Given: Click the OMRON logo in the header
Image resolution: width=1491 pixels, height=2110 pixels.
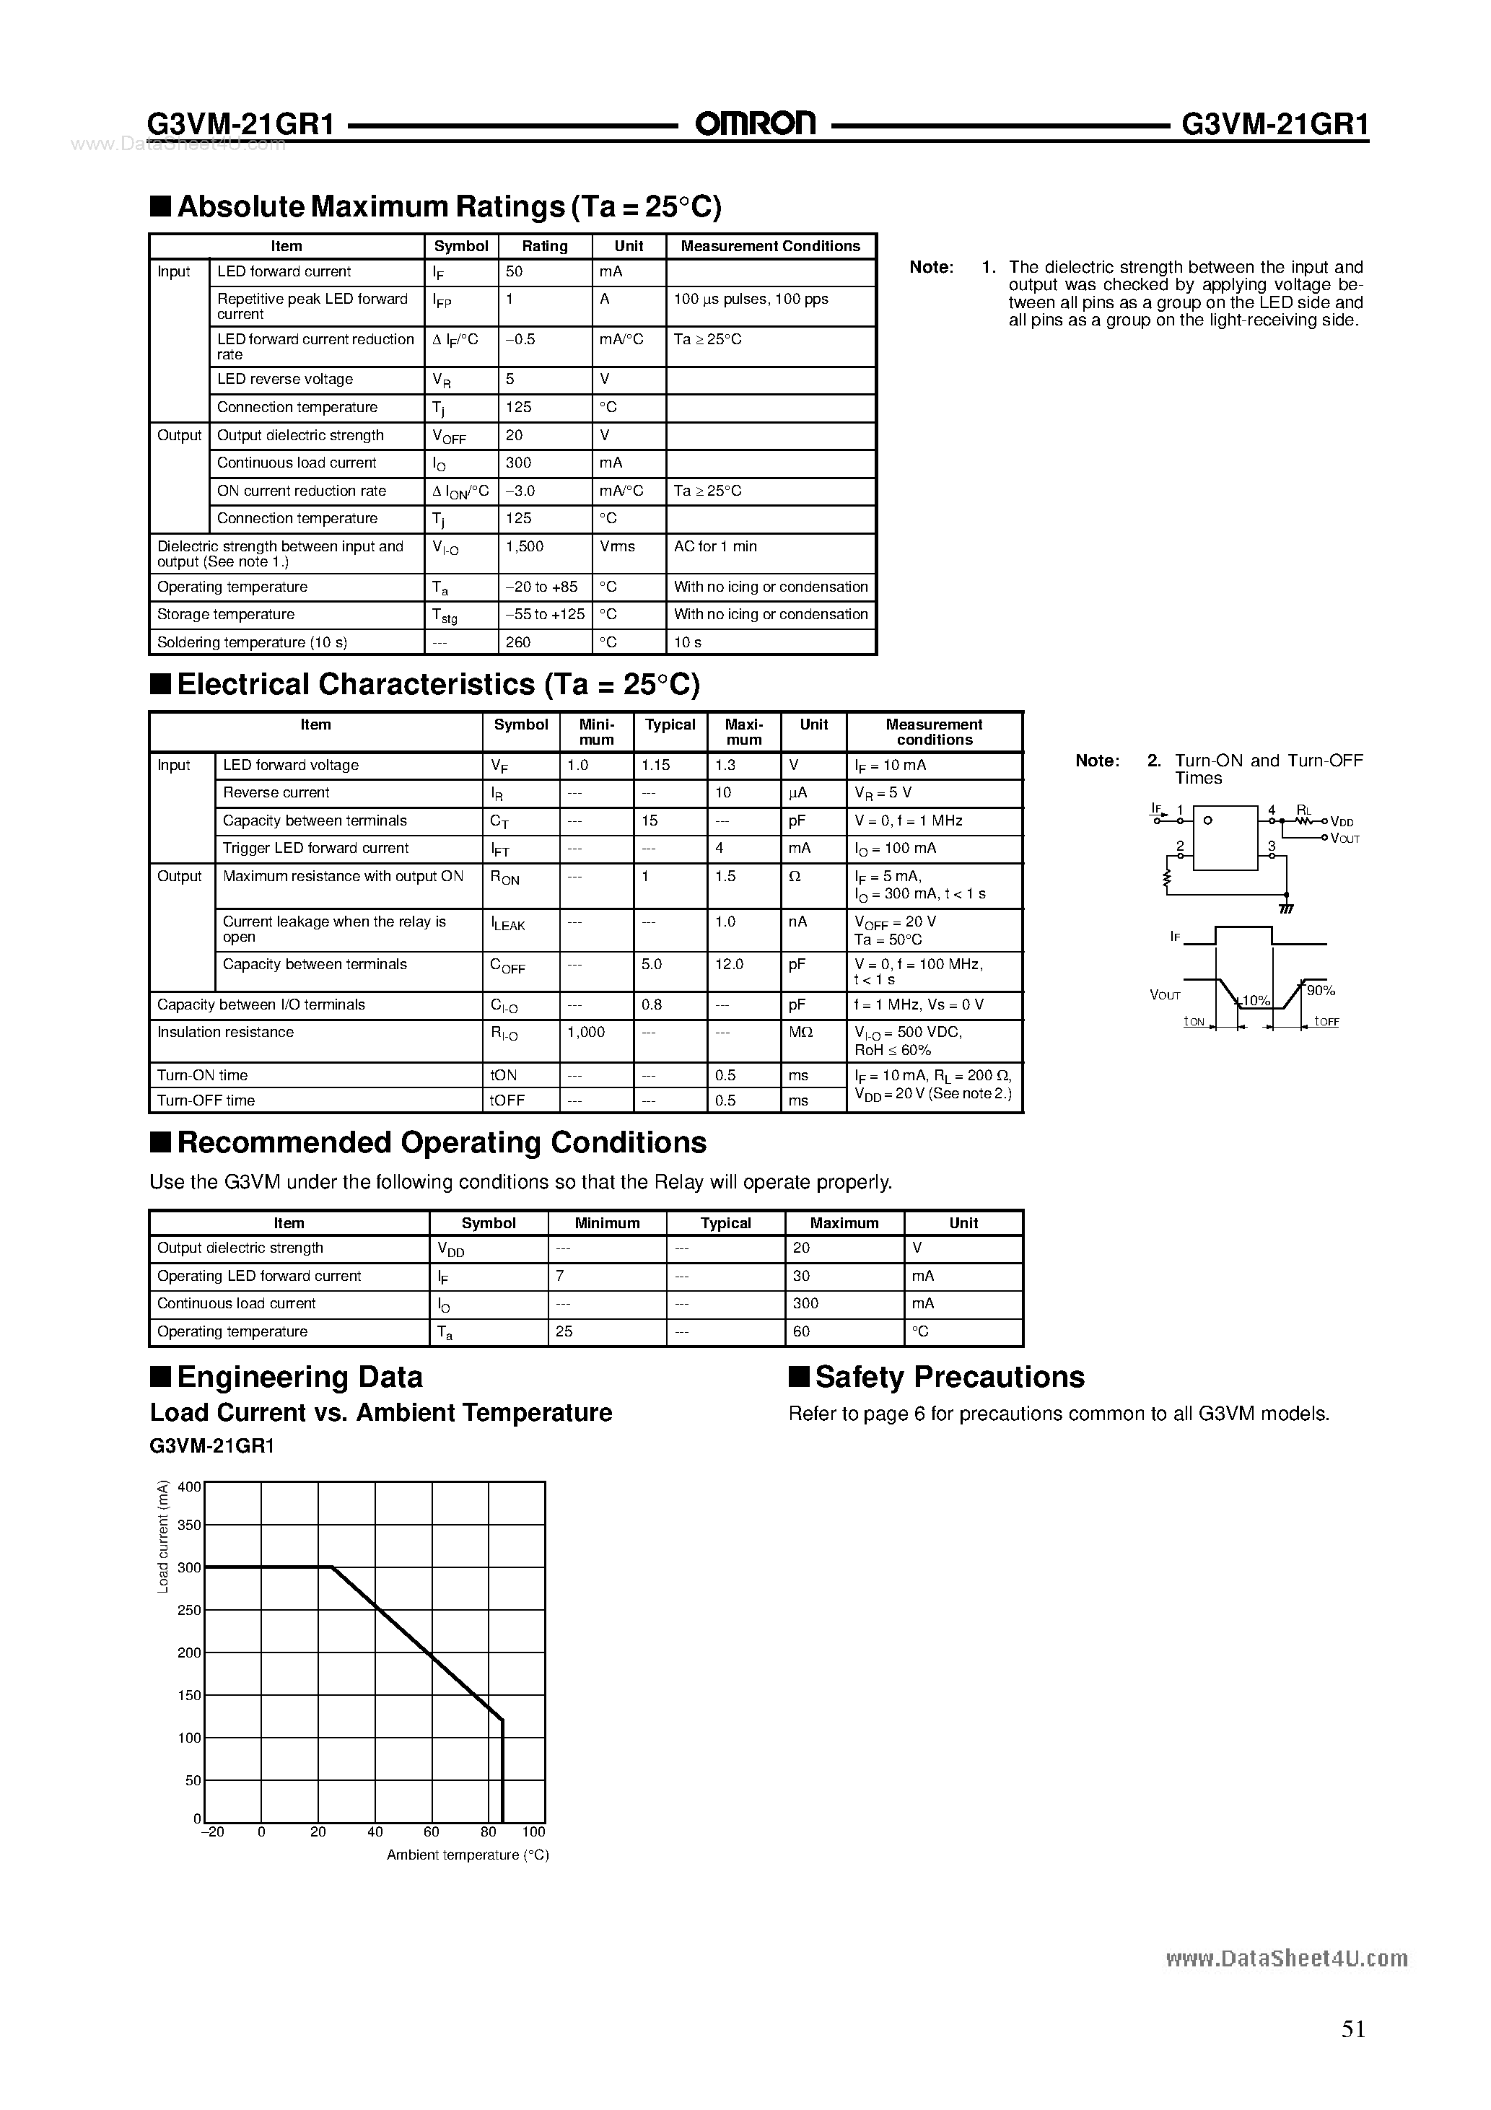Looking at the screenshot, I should [x=755, y=123].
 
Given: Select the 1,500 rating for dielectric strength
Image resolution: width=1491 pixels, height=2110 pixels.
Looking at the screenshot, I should [x=525, y=547].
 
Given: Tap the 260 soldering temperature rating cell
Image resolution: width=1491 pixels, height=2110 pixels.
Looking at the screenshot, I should [x=517, y=642].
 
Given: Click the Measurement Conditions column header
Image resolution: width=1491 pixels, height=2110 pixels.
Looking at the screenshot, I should [x=770, y=246].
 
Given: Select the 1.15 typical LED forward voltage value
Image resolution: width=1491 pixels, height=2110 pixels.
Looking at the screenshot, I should [x=656, y=766].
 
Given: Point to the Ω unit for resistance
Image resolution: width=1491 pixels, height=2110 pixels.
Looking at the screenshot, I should [x=795, y=877].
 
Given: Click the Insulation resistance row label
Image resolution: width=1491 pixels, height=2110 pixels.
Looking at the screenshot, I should [x=225, y=1033].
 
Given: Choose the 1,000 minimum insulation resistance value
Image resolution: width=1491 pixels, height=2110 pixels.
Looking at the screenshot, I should [x=585, y=1033].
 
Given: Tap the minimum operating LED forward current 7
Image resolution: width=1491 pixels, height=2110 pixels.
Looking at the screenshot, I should [x=560, y=1277].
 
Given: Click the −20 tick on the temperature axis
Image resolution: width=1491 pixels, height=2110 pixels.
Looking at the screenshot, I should [x=211, y=1831].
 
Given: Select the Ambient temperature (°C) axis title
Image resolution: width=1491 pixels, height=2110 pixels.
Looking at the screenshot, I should [x=467, y=1855].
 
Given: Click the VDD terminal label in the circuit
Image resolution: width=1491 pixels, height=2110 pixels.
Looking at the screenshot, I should [x=1342, y=823].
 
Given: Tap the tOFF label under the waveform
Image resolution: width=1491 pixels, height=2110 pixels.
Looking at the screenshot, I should [x=1326, y=1022].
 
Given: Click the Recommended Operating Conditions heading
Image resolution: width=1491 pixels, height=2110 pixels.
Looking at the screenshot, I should [x=441, y=1142].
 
